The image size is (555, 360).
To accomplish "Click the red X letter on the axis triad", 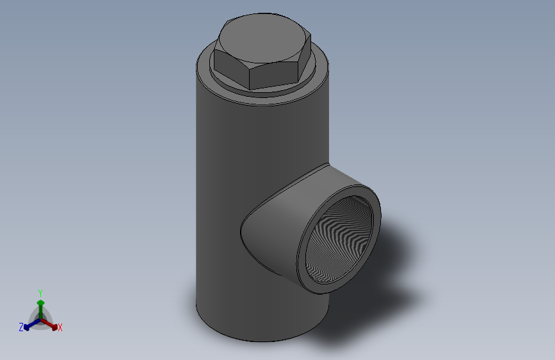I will click(x=60, y=327).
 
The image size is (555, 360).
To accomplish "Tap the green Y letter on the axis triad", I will click(x=40, y=291).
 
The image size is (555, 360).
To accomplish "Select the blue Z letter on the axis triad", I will click(x=21, y=327).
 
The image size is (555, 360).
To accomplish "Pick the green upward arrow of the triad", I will click(x=40, y=302).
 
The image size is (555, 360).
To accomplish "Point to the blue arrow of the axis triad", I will click(x=29, y=325).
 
